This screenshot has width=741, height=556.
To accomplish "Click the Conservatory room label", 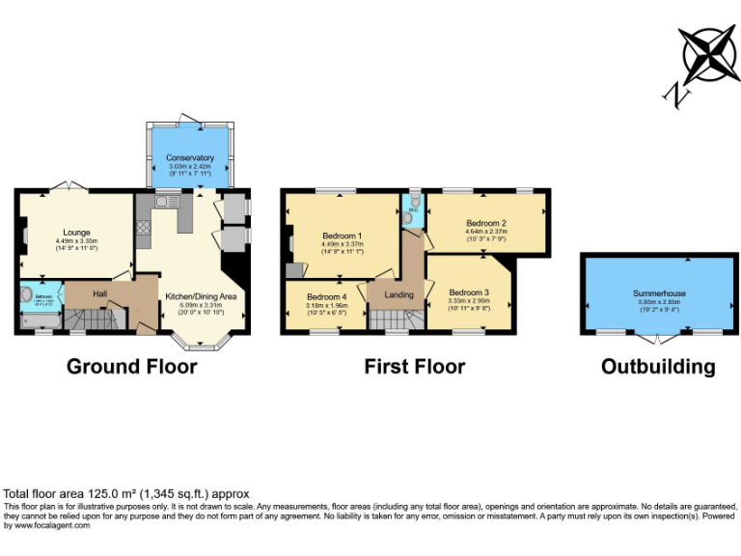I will [190, 158].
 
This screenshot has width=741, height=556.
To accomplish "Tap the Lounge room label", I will [76, 233].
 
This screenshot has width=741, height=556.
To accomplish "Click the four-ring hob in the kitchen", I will [145, 228].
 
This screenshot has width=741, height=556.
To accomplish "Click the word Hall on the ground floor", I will [99, 293].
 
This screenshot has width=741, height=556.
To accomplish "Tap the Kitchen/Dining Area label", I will [201, 296].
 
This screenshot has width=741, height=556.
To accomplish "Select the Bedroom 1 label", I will [342, 236].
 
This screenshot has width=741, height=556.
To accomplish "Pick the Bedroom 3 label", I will [469, 292].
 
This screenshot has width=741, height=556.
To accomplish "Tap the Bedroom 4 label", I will [325, 297].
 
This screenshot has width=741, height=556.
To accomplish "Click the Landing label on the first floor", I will [398, 295].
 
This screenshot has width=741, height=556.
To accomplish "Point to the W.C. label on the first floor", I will [412, 209].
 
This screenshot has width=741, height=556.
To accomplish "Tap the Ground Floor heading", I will [131, 367].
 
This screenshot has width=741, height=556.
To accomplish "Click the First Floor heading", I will [414, 367].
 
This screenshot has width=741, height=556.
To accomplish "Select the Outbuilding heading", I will [658, 367].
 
